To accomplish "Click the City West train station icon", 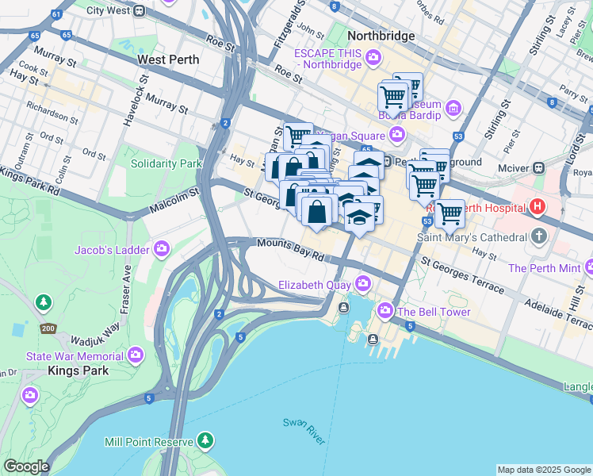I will (x=140, y=11).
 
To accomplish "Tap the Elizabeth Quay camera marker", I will (x=363, y=283).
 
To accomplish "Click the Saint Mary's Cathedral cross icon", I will (x=540, y=236).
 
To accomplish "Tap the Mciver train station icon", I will (x=538, y=168).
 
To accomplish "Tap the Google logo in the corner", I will (x=25, y=466).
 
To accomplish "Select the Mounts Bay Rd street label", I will (x=291, y=251).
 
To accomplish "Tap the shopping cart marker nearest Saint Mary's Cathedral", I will (x=450, y=213).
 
